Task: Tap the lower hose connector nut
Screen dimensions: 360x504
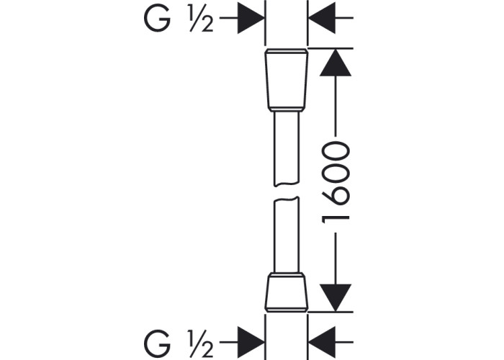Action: tap(287, 295)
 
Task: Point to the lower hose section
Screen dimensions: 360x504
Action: tap(287, 234)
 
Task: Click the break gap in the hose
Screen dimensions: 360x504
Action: tap(287, 192)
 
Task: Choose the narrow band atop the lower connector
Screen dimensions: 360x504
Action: tap(287, 276)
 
